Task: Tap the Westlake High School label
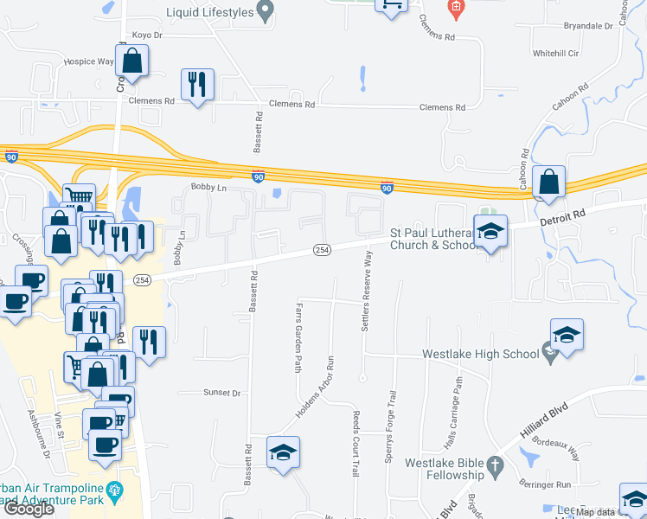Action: click(480, 354)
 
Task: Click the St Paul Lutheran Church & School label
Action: click(433, 239)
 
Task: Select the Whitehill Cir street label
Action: click(555, 54)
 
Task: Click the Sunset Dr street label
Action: click(221, 393)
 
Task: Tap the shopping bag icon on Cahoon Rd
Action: click(548, 183)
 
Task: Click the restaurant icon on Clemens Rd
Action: click(197, 85)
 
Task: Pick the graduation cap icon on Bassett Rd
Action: click(284, 453)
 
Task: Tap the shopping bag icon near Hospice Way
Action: click(131, 61)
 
